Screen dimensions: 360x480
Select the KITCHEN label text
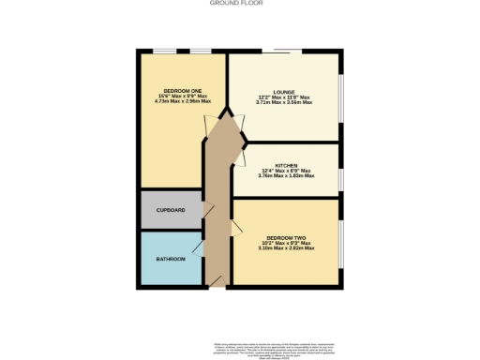285,164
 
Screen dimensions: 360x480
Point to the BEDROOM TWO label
286,237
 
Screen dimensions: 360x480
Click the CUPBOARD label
170,210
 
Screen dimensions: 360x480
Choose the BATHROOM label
170,257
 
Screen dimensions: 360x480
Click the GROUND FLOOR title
240,4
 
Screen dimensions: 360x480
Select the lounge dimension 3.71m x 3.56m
285,103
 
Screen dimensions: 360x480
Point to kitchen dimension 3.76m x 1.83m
285,175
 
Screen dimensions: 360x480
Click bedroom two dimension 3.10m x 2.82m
286,248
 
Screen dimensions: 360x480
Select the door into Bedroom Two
235,226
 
